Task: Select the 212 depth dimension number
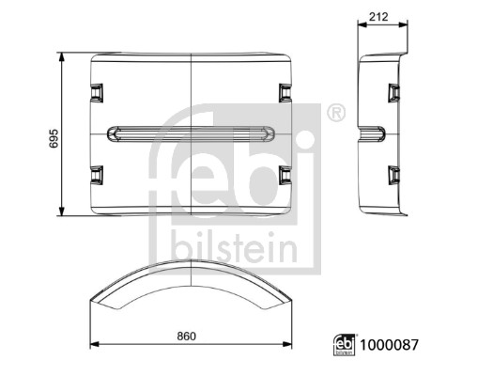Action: pos(380,15)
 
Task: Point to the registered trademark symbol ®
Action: pos(335,115)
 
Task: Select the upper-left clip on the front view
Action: pos(96,91)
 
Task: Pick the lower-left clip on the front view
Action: pos(96,176)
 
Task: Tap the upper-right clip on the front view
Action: pos(285,91)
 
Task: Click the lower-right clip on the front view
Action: pos(285,176)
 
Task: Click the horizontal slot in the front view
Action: pos(190,133)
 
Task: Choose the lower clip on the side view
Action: pos(393,176)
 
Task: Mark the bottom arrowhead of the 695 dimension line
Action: pos(62,213)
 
